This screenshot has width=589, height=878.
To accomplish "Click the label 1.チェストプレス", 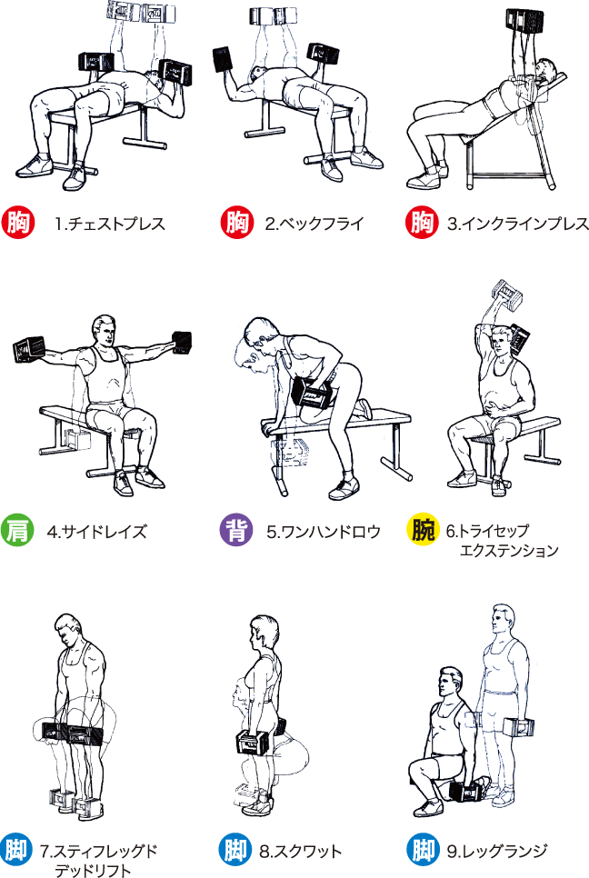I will tap(109, 224).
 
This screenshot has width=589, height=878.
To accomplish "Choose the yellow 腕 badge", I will tap(422, 530).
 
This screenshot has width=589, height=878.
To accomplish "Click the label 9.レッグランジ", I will tap(496, 852).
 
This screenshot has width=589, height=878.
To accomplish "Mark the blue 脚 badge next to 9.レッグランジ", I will tap(422, 851).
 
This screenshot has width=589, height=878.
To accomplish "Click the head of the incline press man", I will tap(546, 72).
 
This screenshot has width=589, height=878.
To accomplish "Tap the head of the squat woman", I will tap(263, 633).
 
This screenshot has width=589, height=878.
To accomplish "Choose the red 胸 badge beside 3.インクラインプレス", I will tap(422, 224).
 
